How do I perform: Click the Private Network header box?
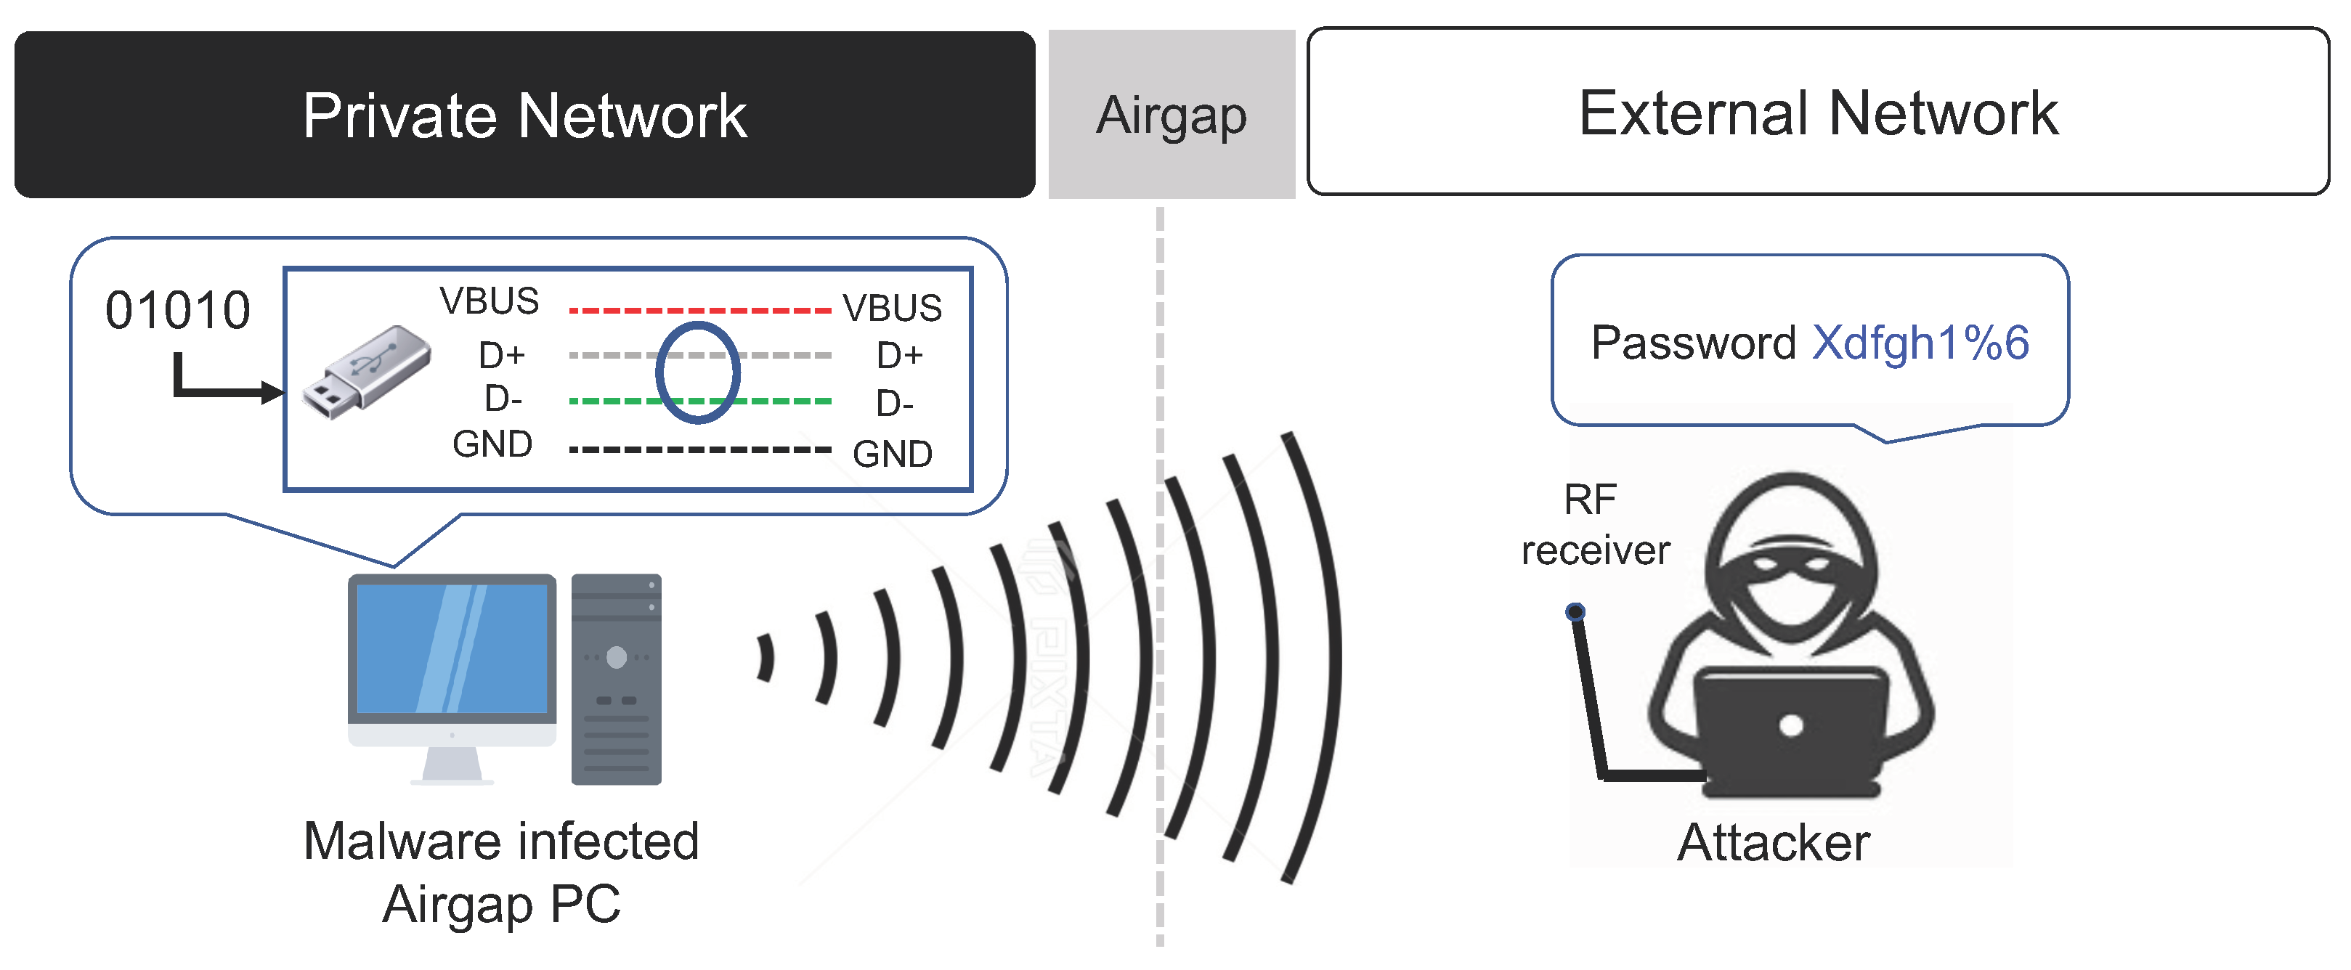[525, 114]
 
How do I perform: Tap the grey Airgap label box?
[1171, 114]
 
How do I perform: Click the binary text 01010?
[177, 310]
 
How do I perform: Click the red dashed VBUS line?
[699, 310]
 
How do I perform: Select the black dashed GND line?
[699, 449]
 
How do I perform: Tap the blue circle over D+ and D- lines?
[697, 372]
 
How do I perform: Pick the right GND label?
[892, 454]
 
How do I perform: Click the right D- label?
[894, 402]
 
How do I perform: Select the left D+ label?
[502, 354]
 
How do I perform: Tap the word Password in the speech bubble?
[1693, 343]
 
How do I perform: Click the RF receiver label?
[1594, 525]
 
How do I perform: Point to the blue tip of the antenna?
[1575, 611]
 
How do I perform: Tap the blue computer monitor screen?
[452, 648]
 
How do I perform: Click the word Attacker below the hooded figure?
[1774, 841]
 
